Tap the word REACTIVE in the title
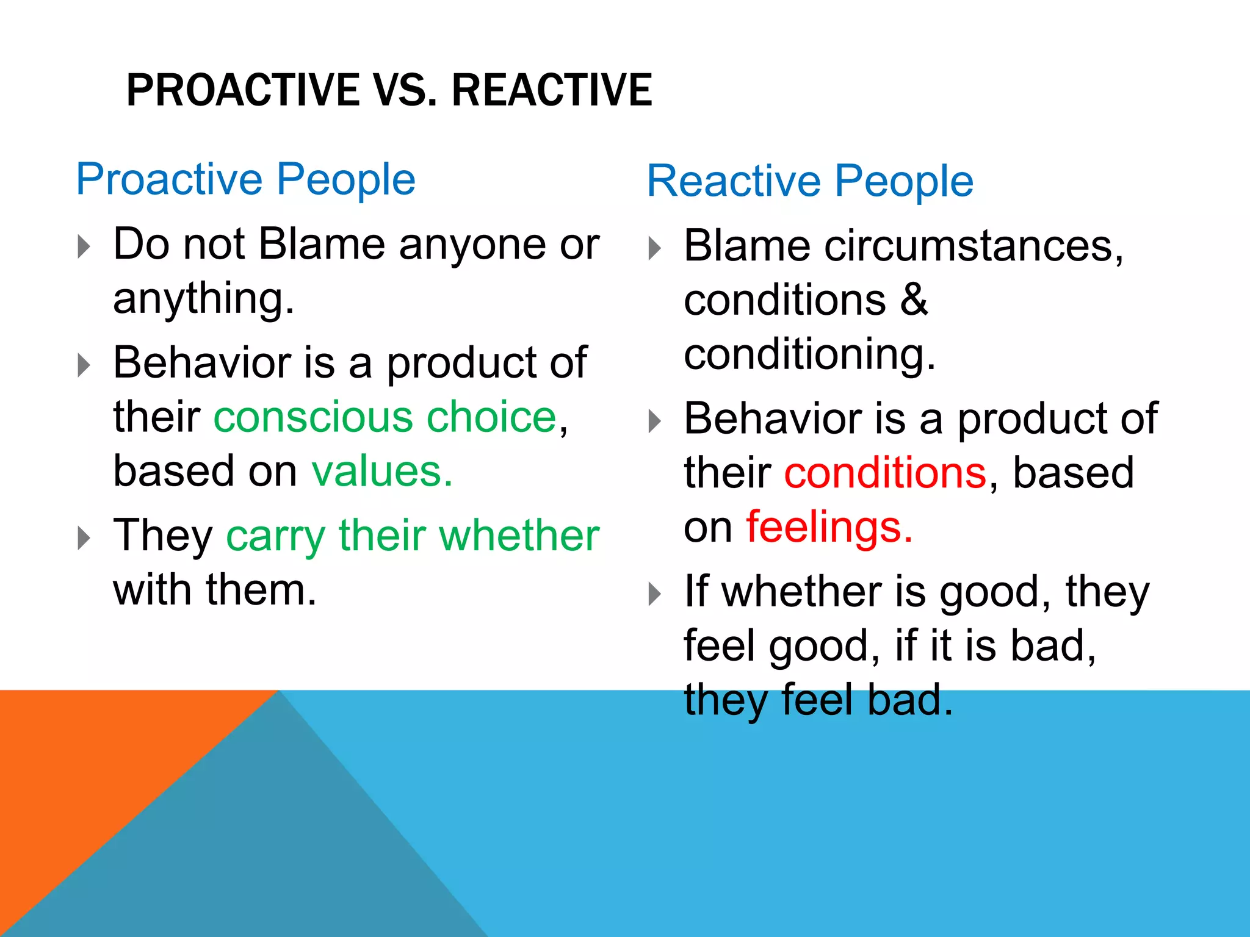pos(552,90)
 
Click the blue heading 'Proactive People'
pos(245,179)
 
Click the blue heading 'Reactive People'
pos(810,181)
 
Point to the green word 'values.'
pos(382,471)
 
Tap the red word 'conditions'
pos(885,473)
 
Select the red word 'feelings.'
pos(829,526)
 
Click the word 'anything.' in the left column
pos(204,299)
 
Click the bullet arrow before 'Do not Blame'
pos(84,246)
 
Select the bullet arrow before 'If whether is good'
pos(654,594)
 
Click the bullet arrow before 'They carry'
pos(84,538)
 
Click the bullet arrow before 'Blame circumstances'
pos(654,248)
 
